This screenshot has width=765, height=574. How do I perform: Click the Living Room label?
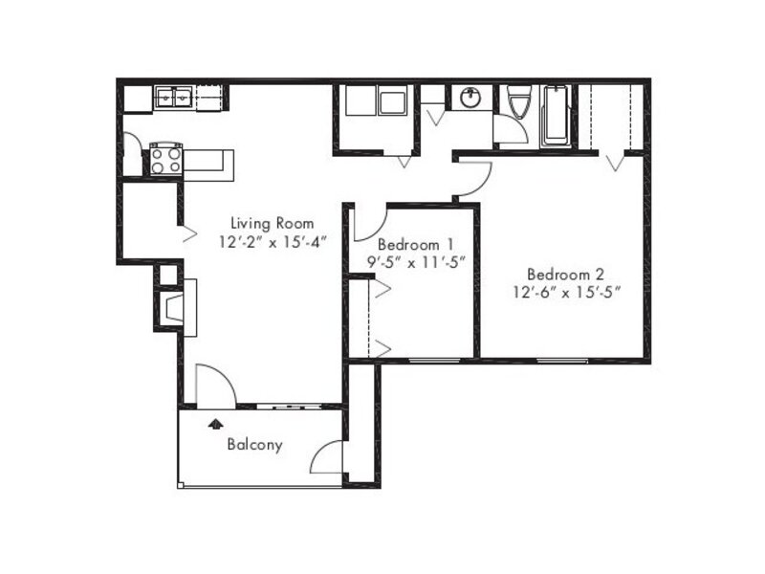272,224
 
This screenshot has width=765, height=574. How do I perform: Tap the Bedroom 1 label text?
416,244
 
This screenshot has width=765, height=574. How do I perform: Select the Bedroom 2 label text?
566,275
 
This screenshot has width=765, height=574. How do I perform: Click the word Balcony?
254,445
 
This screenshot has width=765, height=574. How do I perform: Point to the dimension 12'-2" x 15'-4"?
273,242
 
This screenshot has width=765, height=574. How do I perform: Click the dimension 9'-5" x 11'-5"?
416,262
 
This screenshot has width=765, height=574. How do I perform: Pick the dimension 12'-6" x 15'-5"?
566,293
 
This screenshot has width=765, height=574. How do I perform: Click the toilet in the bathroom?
517,102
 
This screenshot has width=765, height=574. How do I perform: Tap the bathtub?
556,116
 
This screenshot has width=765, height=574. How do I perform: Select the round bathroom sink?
470,99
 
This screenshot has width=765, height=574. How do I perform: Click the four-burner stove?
165,160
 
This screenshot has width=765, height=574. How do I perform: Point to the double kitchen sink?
174,98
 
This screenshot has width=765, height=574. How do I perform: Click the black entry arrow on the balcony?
215,423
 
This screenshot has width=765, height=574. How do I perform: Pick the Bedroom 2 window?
562,362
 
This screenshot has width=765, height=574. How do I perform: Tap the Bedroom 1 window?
435,362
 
